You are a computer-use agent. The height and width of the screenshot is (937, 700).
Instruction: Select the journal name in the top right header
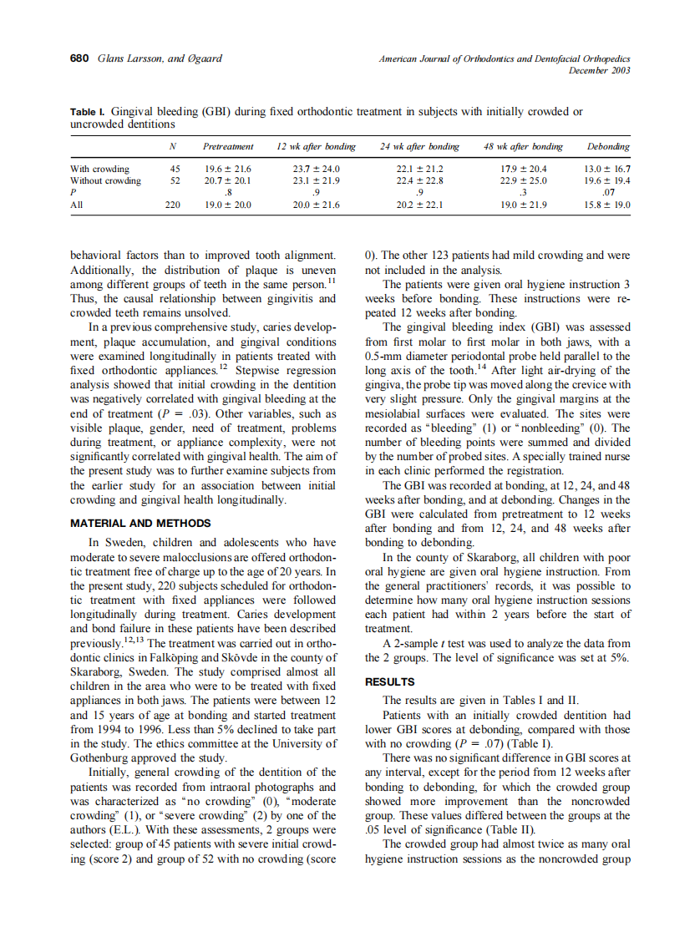(504, 59)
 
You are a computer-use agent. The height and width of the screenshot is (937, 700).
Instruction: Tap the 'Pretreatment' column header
(228, 146)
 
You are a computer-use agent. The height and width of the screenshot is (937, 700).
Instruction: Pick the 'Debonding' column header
(608, 146)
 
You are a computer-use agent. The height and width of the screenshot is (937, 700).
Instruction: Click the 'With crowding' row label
(99, 169)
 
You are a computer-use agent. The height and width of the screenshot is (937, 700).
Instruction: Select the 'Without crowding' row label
(105, 180)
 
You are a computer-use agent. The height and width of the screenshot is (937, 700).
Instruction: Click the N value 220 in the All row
(174, 203)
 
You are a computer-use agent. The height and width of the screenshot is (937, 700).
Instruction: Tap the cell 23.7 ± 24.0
(315, 169)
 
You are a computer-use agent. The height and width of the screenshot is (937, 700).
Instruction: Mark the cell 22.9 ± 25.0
(521, 180)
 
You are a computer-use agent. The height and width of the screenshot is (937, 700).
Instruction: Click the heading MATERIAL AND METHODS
(140, 523)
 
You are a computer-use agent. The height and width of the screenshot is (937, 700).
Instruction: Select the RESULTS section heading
(390, 681)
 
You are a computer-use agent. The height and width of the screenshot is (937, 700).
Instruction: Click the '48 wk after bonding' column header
(523, 146)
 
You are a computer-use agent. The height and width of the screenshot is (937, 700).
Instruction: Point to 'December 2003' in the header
(599, 70)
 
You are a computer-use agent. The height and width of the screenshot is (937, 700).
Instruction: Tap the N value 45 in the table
(175, 169)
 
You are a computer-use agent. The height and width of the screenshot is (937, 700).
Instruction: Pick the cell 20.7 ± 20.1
(228, 180)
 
